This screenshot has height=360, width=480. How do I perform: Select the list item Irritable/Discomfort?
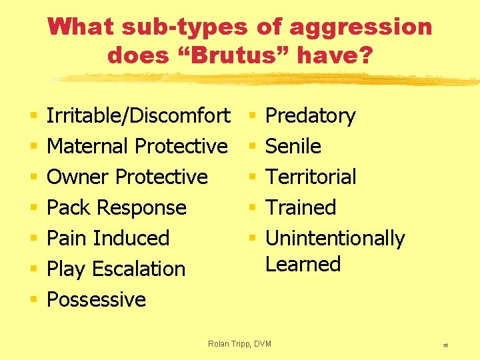click(139, 115)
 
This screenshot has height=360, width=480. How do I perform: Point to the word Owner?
click(79, 177)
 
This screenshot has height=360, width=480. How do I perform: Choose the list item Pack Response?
click(117, 207)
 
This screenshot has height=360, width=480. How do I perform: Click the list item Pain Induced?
click(109, 238)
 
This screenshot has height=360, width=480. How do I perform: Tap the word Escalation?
click(139, 269)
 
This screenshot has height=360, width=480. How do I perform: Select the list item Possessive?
click(97, 299)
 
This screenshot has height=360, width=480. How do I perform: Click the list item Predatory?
click(311, 115)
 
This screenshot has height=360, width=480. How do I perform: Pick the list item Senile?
click(293, 146)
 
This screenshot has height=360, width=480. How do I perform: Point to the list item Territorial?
click(311, 177)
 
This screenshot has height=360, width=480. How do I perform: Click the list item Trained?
click(301, 207)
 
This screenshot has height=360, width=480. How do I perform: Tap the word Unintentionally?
click(335, 238)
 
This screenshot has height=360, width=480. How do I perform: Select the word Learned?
click(303, 264)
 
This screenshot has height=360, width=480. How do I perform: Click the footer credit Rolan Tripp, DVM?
click(240, 343)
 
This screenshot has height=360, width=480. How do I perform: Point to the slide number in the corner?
click(445, 345)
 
